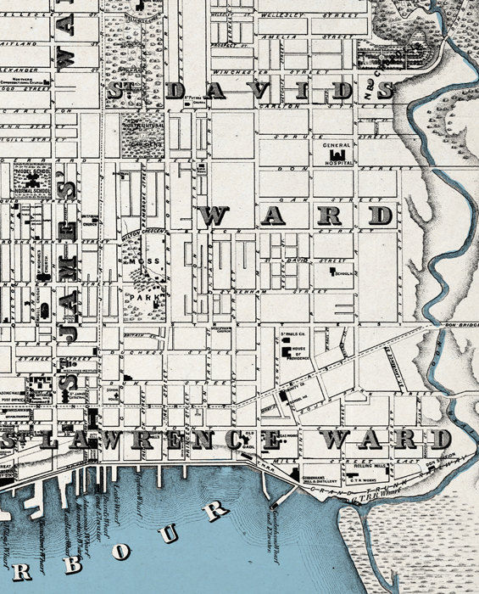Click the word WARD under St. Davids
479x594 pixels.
point(296,215)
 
